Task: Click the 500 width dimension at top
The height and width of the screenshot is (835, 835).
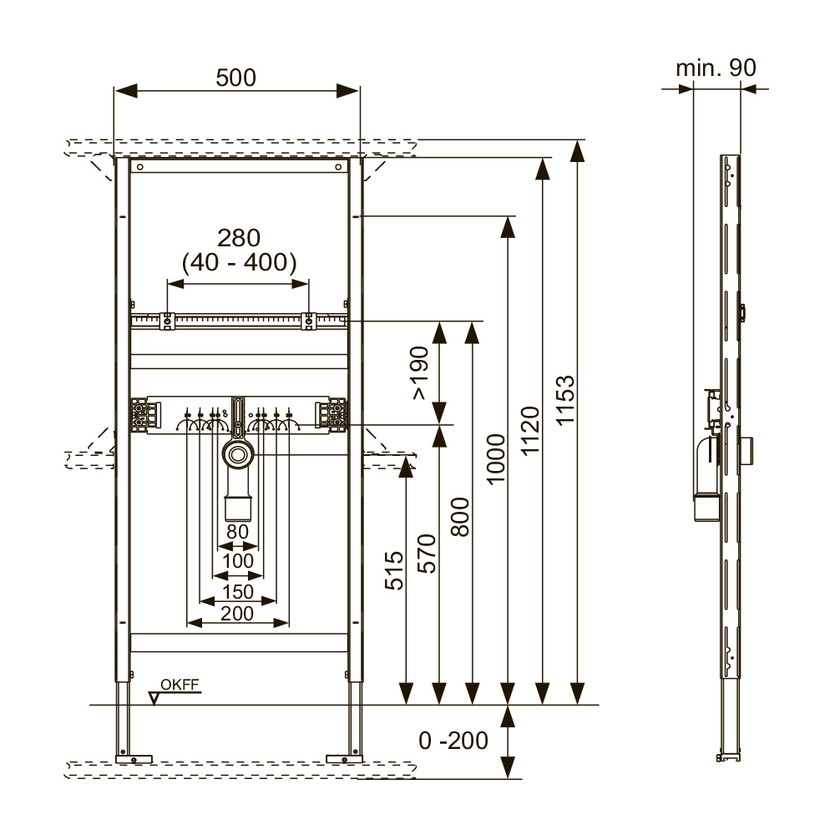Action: (236, 77)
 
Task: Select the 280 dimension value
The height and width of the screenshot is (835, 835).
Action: (238, 238)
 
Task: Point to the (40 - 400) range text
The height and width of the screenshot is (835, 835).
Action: (239, 263)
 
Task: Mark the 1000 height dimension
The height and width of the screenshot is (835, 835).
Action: (496, 459)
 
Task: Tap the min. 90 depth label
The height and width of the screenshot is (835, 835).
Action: (716, 68)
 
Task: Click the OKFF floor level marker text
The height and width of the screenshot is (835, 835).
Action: (180, 686)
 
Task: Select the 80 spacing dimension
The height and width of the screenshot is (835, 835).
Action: (238, 530)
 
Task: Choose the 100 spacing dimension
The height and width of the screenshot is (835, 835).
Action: (238, 561)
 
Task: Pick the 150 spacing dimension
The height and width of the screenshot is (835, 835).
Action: (238, 591)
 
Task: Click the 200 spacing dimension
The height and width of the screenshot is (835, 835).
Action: (238, 614)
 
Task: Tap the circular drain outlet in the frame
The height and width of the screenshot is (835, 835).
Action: (238, 456)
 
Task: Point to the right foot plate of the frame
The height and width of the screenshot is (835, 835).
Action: (342, 758)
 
